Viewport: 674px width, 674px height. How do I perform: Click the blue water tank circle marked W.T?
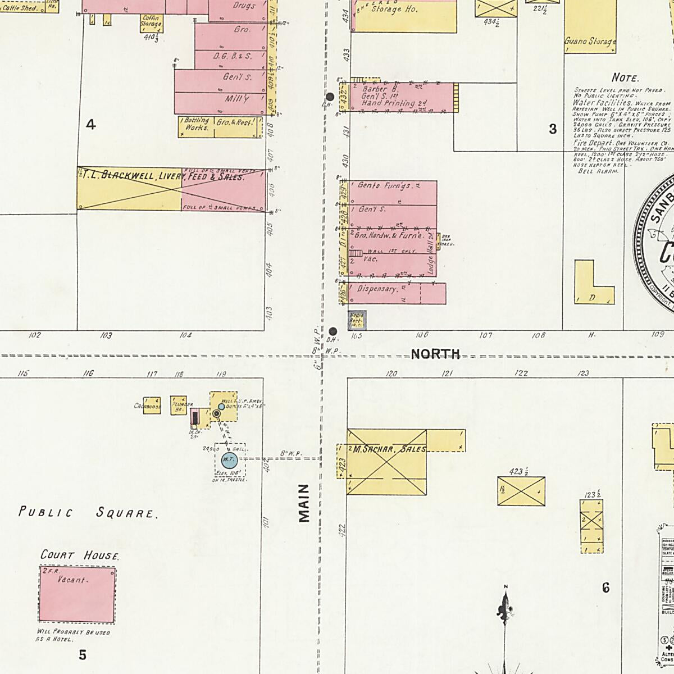coord(229,461)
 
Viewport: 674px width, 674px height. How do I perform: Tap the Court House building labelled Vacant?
coord(78,595)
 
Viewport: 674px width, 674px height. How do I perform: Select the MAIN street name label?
coord(304,503)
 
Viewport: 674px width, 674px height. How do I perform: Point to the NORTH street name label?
coord(435,354)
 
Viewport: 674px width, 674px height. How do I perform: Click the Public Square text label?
coord(87,512)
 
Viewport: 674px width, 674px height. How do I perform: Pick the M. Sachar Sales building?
coord(386,462)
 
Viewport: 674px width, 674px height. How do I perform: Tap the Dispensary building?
coord(396,293)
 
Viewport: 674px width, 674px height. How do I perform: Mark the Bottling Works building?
coord(196,127)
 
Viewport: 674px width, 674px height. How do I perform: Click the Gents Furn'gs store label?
coord(385,185)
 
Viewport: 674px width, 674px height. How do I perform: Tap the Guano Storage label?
coord(590,42)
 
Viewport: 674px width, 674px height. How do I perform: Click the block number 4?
coord(90,125)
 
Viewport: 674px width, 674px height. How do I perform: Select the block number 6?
coord(605,588)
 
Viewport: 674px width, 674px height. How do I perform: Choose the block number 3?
coord(553,129)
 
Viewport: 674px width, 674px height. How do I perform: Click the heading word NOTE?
coord(625,78)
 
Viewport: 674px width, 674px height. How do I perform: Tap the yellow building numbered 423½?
coord(521,491)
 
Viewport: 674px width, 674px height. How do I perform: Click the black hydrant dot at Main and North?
coord(333,331)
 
